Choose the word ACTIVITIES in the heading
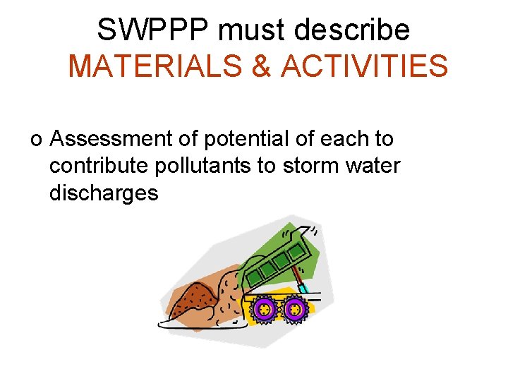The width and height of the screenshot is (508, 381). click(x=364, y=66)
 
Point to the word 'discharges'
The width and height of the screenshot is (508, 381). click(x=104, y=193)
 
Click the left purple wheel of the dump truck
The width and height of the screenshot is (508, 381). click(x=264, y=309)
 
